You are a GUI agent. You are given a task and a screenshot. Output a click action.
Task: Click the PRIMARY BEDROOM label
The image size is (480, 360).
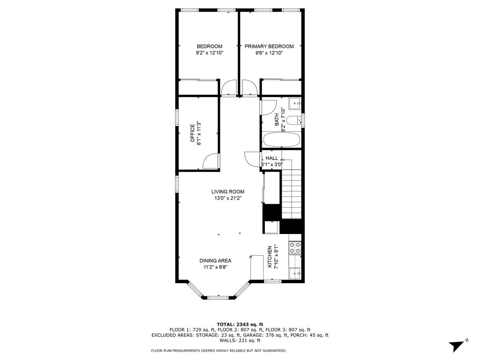pyautogui.click(x=269, y=46)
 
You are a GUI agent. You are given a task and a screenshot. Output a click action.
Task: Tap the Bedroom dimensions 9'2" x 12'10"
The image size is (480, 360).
pyautogui.click(x=210, y=53)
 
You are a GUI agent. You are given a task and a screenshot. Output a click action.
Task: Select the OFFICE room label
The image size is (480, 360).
pyautogui.click(x=192, y=133)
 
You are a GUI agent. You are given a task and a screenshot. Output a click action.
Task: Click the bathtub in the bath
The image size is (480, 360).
pyautogui.click(x=282, y=140)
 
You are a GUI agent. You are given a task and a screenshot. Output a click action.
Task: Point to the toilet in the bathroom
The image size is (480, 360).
pyautogui.click(x=294, y=121)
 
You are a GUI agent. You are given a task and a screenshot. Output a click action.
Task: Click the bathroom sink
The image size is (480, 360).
pyautogui.click(x=295, y=103)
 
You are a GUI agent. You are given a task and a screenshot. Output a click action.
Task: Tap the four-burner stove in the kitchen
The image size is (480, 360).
pyautogui.click(x=295, y=248)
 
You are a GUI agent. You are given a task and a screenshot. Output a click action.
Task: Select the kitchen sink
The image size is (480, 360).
pyautogui.click(x=295, y=274)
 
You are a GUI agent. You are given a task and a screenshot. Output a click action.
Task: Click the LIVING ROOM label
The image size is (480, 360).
pyautogui.click(x=228, y=192)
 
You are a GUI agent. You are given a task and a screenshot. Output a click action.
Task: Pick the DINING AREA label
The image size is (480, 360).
pyautogui.click(x=215, y=261)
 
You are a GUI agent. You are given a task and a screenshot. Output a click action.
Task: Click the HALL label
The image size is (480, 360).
pyautogui.click(x=272, y=158)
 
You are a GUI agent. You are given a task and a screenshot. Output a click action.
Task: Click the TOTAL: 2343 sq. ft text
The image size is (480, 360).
pyautogui.click(x=240, y=324)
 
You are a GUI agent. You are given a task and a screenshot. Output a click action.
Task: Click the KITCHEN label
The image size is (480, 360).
pyautogui.click(x=270, y=256)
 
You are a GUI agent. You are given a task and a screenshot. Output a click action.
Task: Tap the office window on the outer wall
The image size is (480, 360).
pyautogui.click(x=177, y=117)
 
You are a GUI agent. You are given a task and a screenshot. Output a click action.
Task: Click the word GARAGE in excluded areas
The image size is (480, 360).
pyautogui.click(x=252, y=335)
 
